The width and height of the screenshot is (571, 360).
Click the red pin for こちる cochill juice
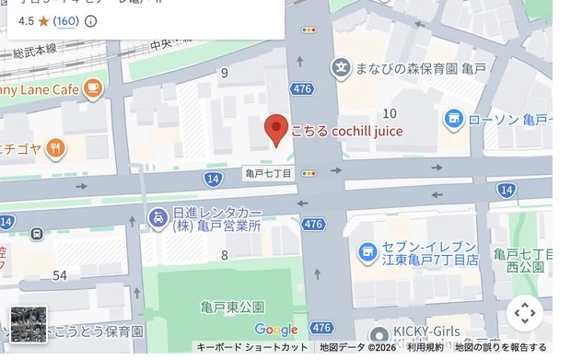pyautogui.click(x=275, y=130)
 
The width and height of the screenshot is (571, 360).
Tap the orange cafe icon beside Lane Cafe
pyautogui.click(x=92, y=88)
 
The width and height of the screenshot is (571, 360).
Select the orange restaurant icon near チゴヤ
pyautogui.click(x=55, y=147)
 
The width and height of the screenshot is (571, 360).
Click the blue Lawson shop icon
pyautogui.click(x=453, y=119)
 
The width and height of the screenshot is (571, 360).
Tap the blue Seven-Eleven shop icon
pyautogui.click(x=367, y=251)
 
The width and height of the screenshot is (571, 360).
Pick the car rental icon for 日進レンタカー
pyautogui.click(x=157, y=217)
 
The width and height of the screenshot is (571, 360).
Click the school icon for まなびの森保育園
pyautogui.click(x=342, y=67)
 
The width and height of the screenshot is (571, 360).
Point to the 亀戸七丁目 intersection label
pyautogui.click(x=269, y=173)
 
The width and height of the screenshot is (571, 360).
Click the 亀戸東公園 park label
pyautogui.click(x=232, y=307)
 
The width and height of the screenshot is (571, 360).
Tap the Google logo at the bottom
pyautogui.click(x=275, y=330)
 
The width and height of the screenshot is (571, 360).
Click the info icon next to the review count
pyautogui.click(x=90, y=21)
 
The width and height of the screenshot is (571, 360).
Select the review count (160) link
pyautogui.click(x=65, y=21)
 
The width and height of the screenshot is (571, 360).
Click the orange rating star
pyautogui.click(x=43, y=21)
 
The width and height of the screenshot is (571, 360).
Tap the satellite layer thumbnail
pyautogui.click(x=28, y=324)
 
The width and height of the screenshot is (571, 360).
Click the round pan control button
pyautogui.click(x=525, y=313)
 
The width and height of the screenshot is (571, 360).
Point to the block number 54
pyautogui.click(x=60, y=275)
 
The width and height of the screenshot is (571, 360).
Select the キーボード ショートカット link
pyautogui.click(x=251, y=347)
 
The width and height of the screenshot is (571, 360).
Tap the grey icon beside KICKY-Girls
pyautogui.click(x=377, y=335)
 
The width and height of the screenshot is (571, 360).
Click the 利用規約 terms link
pyautogui.click(x=425, y=347)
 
